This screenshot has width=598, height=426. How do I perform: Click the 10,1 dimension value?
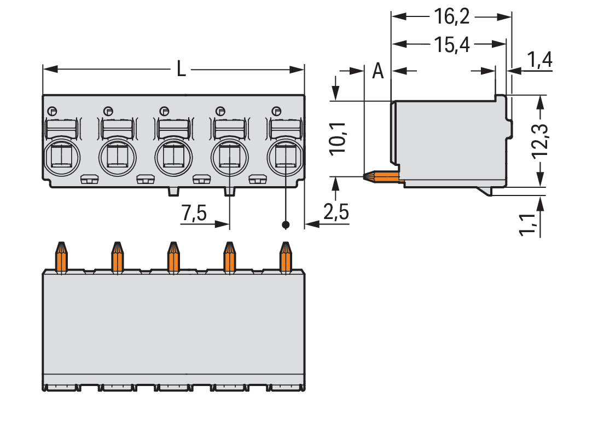[x=338, y=140]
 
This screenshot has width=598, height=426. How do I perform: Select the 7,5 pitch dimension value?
[x=194, y=213]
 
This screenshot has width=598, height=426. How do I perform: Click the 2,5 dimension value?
[x=335, y=212]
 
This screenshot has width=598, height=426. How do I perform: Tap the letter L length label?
[x=181, y=70]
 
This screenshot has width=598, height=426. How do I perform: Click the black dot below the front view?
[x=285, y=224]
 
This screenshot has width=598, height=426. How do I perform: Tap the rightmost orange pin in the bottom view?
[x=285, y=257]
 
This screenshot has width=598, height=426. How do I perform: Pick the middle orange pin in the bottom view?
[x=173, y=257]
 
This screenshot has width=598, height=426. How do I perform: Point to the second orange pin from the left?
[x=117, y=257]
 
